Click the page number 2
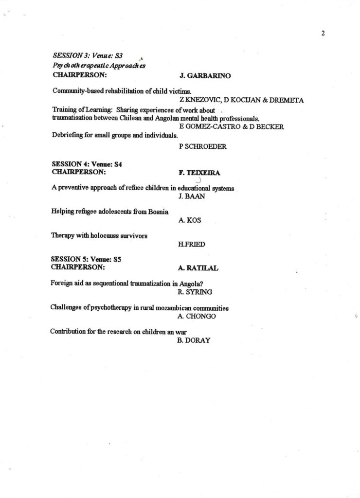click(323, 33)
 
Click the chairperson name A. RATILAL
click(198, 268)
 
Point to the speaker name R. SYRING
click(195, 292)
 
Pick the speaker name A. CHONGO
click(197, 316)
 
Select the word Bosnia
click(157, 212)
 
